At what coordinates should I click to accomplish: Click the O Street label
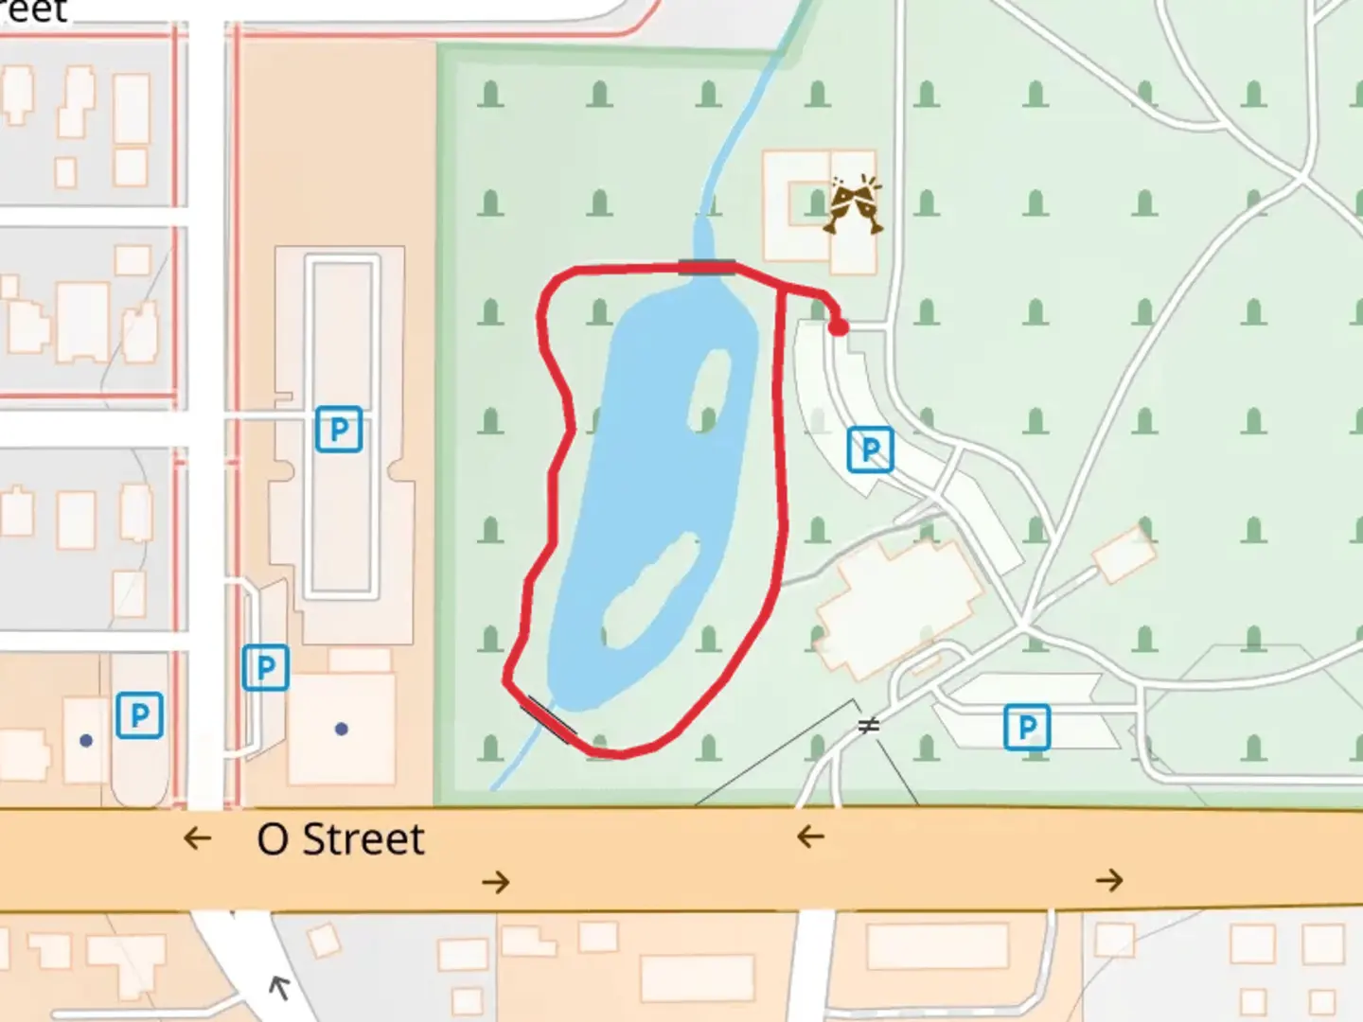(x=341, y=839)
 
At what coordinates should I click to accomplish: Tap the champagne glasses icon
(x=853, y=203)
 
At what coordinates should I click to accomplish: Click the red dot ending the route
(x=839, y=327)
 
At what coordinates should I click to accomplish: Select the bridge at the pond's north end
(x=706, y=267)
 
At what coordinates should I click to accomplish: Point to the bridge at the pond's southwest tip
(x=551, y=719)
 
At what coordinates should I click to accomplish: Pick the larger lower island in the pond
(x=649, y=592)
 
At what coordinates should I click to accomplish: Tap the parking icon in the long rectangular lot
(x=338, y=429)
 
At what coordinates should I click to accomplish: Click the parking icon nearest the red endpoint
(x=870, y=449)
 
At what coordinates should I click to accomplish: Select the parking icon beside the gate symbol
(x=1026, y=727)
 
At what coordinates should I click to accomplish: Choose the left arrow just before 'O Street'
(x=197, y=837)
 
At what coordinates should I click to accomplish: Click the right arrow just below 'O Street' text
(x=495, y=883)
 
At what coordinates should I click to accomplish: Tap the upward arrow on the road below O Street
(x=278, y=988)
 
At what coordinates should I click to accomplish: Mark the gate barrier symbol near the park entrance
(x=868, y=726)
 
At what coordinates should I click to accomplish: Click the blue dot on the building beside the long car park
(x=342, y=729)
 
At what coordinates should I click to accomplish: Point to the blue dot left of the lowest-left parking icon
(x=86, y=740)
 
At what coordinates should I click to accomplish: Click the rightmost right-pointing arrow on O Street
(x=1109, y=881)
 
